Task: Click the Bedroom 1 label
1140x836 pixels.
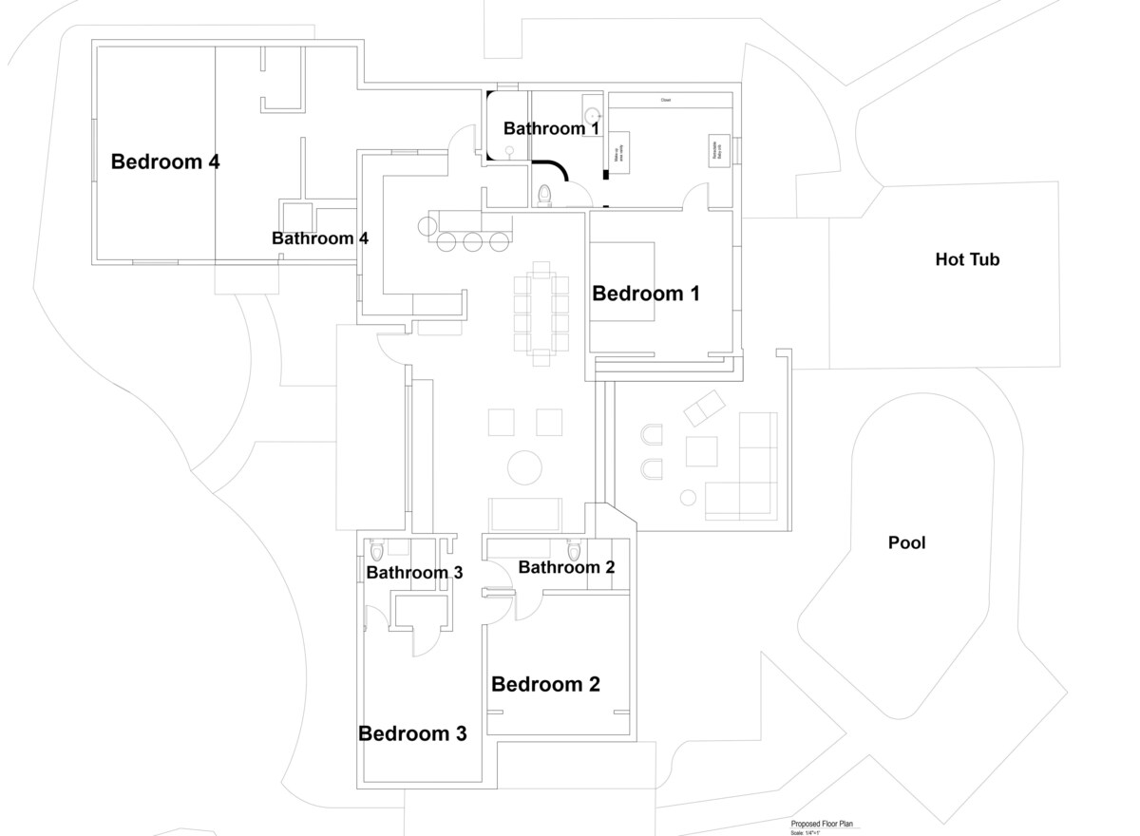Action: click(646, 294)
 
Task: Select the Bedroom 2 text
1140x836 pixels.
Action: click(545, 684)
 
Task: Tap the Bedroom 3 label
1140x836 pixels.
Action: click(412, 733)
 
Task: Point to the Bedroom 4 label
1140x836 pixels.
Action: click(165, 161)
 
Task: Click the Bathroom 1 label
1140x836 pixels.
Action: click(551, 128)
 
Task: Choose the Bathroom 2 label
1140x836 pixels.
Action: click(566, 567)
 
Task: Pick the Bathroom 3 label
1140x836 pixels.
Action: click(414, 573)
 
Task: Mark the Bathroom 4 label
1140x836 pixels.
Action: click(319, 238)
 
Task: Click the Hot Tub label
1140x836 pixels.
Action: click(967, 259)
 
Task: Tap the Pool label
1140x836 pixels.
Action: click(906, 543)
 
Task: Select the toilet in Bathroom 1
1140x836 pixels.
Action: click(544, 195)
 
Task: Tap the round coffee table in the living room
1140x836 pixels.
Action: click(523, 466)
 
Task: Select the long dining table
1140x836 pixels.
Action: click(541, 312)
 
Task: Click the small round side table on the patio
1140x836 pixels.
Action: click(688, 497)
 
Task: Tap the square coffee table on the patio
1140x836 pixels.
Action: click(701, 451)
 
